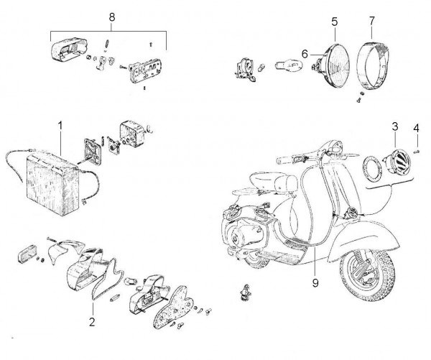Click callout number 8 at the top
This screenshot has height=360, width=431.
110,17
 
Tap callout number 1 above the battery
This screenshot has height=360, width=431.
61,124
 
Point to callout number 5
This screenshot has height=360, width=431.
334,22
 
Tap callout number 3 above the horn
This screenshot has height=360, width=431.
394,126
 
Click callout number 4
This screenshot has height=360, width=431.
417,129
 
